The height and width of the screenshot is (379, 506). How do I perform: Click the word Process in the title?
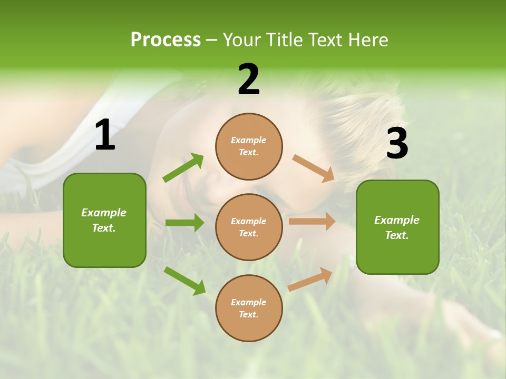coord(166,40)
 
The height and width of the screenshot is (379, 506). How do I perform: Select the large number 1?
coord(105,135)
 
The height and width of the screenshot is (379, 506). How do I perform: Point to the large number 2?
coord(249,79)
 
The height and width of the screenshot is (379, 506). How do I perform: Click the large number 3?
coord(397,143)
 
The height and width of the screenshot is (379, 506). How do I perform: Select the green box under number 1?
coord(104,220)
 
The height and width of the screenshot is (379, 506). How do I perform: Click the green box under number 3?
coord(397,227)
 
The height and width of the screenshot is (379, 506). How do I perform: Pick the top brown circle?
coord(249,146)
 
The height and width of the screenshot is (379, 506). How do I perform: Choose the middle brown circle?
coord(249,227)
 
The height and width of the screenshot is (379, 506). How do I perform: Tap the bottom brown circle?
coord(249,308)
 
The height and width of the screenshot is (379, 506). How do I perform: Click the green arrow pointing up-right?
coord(183,168)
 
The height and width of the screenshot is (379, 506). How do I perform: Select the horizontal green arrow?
coord(184,223)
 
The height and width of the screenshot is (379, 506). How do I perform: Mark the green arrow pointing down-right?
coord(184,281)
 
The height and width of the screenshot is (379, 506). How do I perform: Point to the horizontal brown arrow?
coord(312,221)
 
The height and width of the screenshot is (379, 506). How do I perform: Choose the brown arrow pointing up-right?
coord(310,279)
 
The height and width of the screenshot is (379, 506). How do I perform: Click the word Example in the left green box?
coord(104,213)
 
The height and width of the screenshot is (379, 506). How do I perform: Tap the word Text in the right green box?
coord(396,235)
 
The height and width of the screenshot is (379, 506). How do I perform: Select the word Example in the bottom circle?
coord(248,302)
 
